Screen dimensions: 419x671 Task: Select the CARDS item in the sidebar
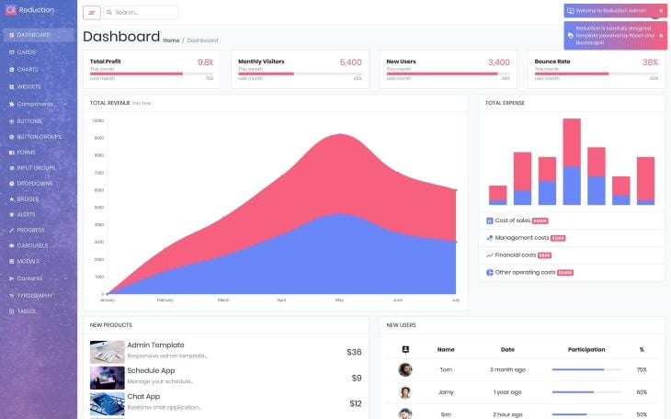tap(27, 52)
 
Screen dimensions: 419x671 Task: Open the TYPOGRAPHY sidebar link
tap(35, 296)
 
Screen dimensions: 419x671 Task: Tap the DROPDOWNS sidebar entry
tap(35, 184)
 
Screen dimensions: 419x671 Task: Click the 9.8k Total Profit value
tap(205, 62)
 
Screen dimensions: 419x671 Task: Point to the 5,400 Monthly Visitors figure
tap(350, 62)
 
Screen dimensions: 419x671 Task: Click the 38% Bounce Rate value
tap(650, 62)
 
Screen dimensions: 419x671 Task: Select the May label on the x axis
tap(339, 300)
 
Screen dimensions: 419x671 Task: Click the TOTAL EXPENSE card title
tap(505, 103)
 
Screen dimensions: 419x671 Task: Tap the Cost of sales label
tap(512, 221)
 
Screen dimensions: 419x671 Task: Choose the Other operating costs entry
tap(525, 272)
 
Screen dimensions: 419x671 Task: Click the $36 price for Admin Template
tap(354, 352)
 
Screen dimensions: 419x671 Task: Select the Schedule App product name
tap(151, 370)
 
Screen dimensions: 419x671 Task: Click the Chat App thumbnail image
tap(107, 403)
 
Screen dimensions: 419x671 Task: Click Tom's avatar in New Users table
tap(405, 369)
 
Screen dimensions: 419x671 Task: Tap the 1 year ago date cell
tap(507, 391)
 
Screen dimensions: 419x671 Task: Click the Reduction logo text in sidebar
tap(37, 10)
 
